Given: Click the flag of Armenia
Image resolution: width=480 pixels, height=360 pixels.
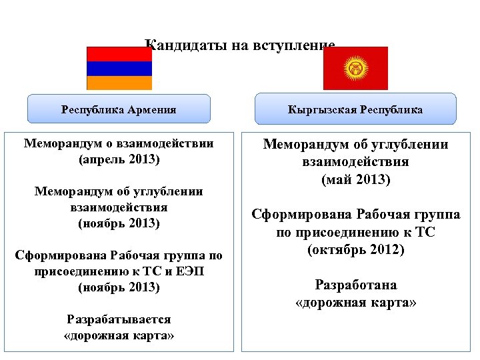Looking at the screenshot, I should pos(119,68).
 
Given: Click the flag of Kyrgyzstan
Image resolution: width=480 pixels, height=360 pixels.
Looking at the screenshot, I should pos(355,68).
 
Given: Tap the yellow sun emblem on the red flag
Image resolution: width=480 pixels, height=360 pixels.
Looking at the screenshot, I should pos(355,67).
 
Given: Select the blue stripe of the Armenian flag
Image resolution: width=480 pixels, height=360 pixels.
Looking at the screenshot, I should pos(119,68).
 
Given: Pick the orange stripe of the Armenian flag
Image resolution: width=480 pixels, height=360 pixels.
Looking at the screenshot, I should pos(119,83).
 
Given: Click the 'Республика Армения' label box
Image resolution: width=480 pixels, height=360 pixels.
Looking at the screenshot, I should pos(119,109).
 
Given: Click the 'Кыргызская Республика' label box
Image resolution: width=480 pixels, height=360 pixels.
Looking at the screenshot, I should pos(355,109).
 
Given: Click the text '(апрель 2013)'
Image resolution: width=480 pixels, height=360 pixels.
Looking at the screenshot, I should pos(119,159).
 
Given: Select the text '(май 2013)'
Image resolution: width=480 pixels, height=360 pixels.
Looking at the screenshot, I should pos(355,179).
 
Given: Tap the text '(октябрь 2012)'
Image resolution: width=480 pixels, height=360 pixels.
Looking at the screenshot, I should pos(355,250).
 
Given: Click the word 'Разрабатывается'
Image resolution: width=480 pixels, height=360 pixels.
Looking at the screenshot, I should pos(119,319).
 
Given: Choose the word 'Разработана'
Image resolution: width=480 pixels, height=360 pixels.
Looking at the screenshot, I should pos(355,285).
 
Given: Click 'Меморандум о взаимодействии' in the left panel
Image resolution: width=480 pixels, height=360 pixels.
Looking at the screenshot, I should pos(119,143).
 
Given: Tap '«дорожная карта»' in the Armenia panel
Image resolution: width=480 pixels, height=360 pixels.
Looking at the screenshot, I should pos(119,335).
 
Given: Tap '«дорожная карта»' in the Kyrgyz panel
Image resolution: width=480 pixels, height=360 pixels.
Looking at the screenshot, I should pos(355,302).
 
